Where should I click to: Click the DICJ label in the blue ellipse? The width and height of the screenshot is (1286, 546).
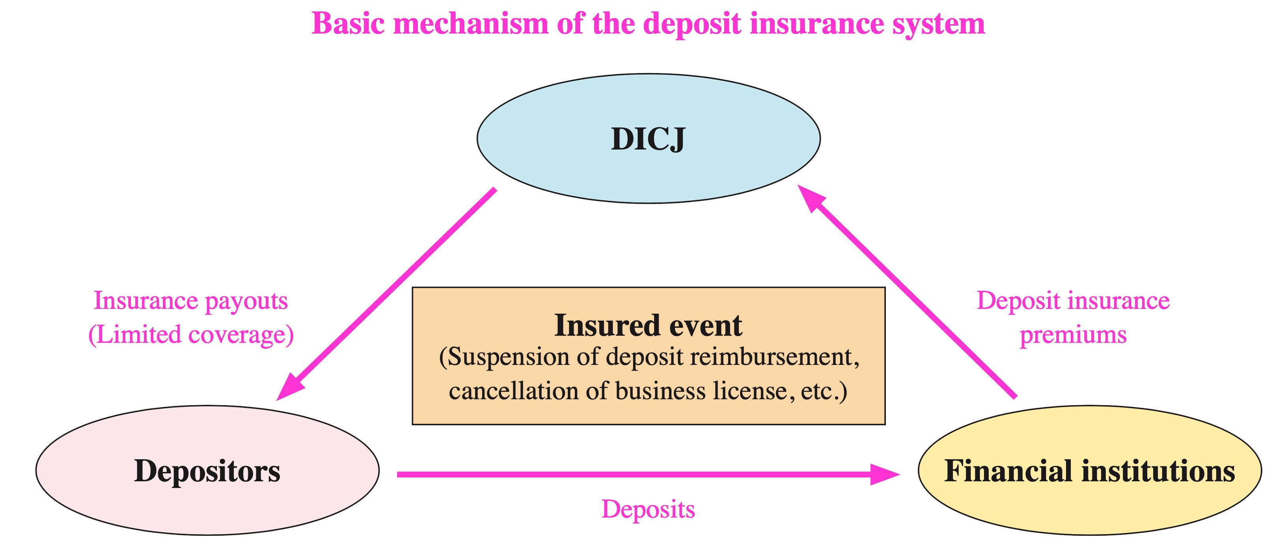(648, 139)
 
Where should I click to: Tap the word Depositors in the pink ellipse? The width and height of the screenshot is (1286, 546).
(207, 471)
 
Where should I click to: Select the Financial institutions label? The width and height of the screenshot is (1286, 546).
(1089, 471)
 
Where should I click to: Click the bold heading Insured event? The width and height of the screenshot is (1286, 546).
(648, 325)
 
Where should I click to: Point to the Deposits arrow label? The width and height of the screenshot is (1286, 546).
(648, 509)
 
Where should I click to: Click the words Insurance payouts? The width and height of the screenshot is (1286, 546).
(191, 301)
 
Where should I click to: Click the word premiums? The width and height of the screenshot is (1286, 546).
(1073, 335)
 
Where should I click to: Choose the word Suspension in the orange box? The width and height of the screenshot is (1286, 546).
(504, 357)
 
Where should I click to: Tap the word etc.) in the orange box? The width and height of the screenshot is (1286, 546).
(824, 391)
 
